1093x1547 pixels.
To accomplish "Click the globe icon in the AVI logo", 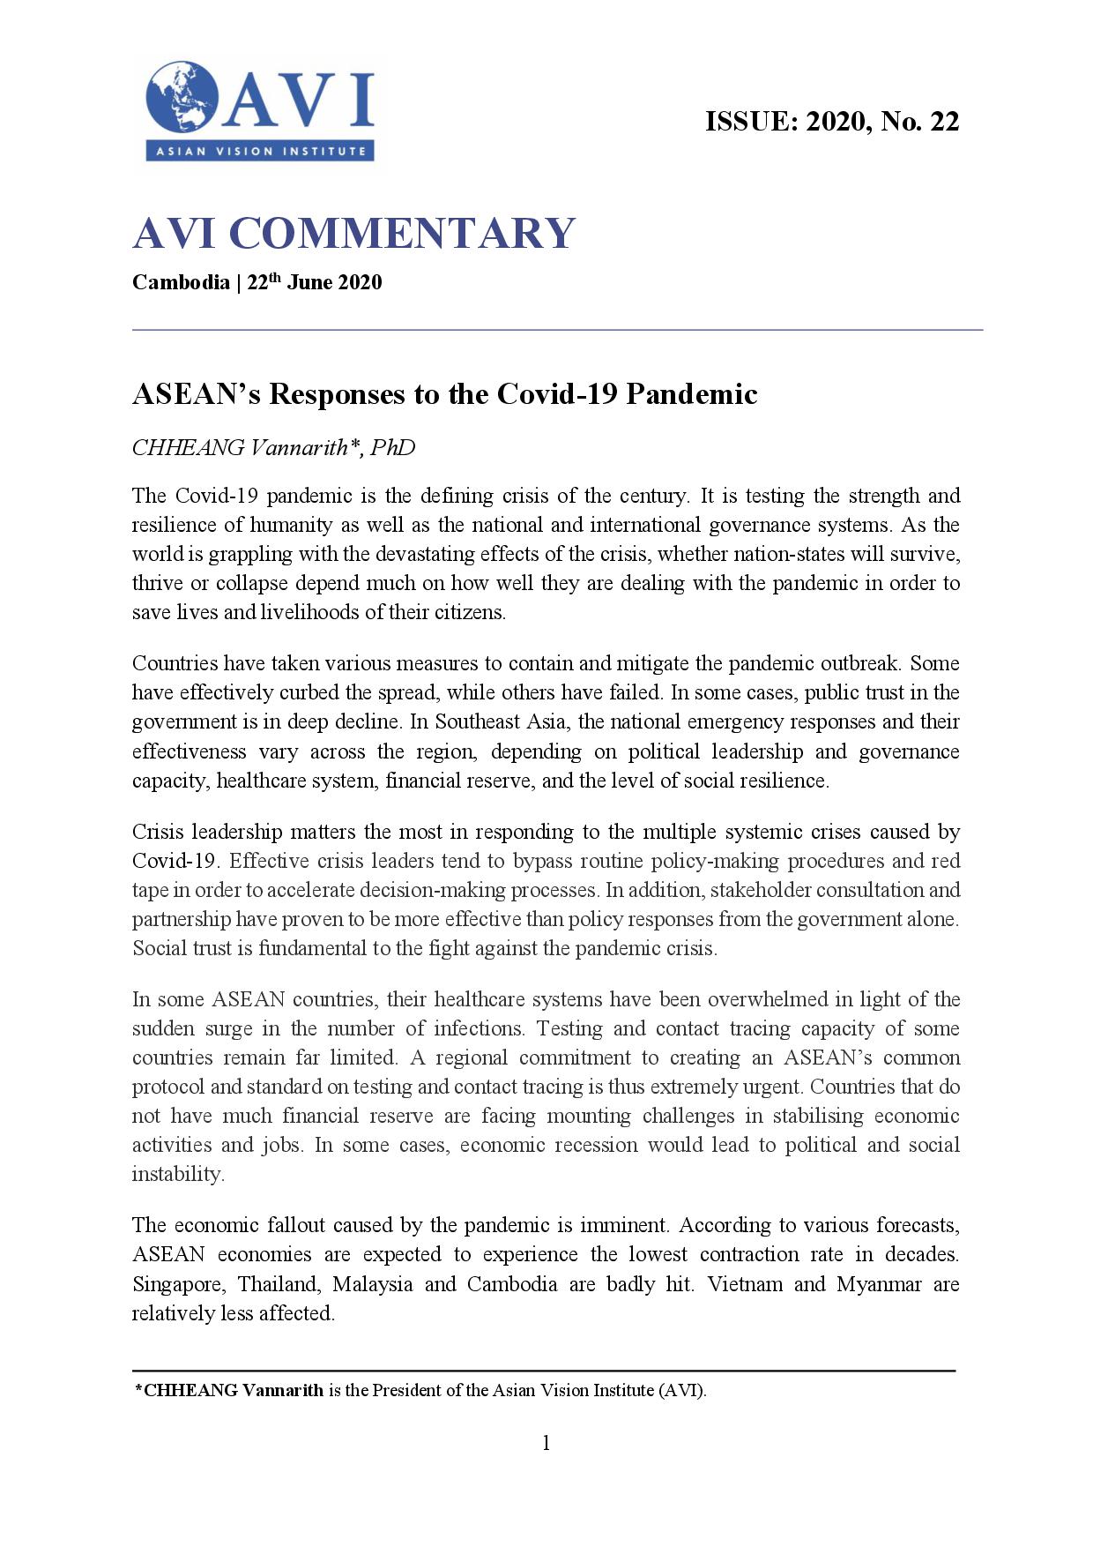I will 182,97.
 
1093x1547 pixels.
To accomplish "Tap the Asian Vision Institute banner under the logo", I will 260,151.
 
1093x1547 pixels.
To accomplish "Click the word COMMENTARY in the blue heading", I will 402,234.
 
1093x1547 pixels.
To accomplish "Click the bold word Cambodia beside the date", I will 181,282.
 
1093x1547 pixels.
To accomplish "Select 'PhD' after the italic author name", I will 392,448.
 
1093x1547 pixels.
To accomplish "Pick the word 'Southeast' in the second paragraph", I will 478,721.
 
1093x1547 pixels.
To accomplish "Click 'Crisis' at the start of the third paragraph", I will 158,832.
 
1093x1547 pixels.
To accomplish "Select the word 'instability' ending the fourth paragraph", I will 177,1174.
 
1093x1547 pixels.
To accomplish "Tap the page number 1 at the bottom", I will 546,1443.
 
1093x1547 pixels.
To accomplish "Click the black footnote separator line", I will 544,1371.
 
